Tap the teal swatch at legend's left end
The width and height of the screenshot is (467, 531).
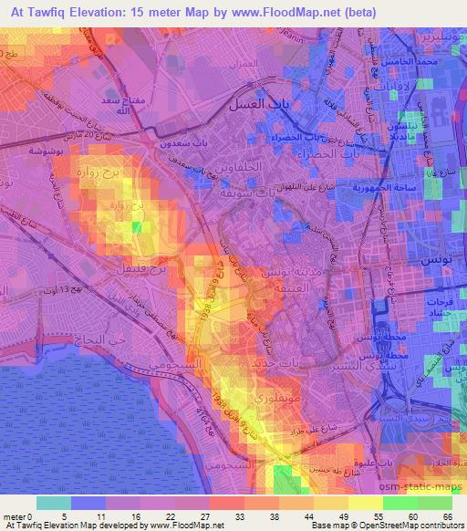pyautogui.click(x=52, y=503)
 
